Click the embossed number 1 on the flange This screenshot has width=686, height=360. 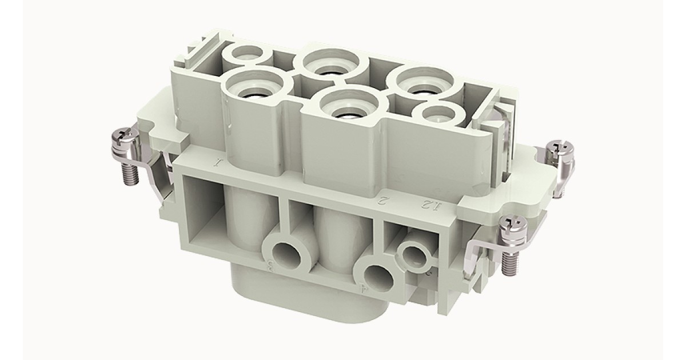(217, 163)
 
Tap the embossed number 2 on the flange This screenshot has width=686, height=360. (384, 201)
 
